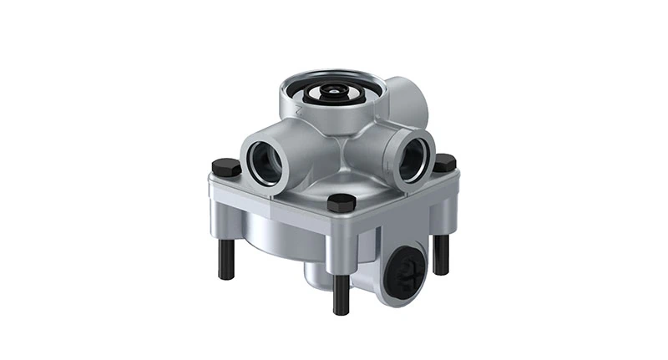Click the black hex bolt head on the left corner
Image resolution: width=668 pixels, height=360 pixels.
tap(226, 167)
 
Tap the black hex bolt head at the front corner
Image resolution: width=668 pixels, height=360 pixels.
tap(341, 203)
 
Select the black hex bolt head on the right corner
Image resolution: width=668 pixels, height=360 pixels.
tap(443, 162)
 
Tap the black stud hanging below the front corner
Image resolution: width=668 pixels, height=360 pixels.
tap(341, 293)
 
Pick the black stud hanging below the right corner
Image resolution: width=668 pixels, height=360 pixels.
tap(441, 254)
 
